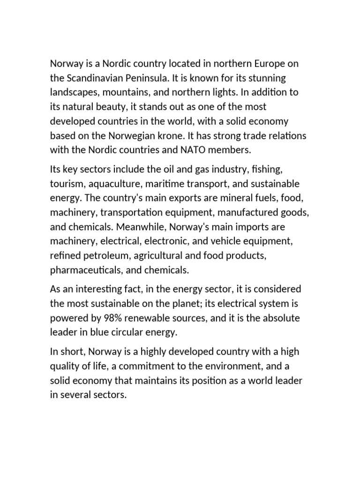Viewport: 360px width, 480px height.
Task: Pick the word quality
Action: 66,366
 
